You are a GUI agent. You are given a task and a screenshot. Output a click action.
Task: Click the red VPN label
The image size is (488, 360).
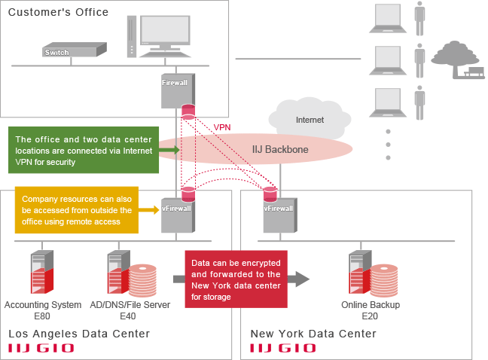(223, 127)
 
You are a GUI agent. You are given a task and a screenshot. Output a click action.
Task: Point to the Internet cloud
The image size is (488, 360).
(310, 117)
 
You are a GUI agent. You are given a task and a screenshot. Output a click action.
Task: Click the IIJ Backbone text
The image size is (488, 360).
(280, 150)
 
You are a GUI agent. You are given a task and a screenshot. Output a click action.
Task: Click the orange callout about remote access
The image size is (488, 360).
(77, 210)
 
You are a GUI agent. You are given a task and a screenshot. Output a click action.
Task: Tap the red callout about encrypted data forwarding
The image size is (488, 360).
(236, 279)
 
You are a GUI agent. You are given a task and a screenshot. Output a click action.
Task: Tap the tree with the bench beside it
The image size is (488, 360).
(457, 59)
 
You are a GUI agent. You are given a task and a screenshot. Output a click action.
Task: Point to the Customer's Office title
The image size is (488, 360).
(58, 12)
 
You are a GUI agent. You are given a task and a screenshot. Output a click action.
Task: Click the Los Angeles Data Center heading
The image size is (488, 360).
(78, 334)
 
